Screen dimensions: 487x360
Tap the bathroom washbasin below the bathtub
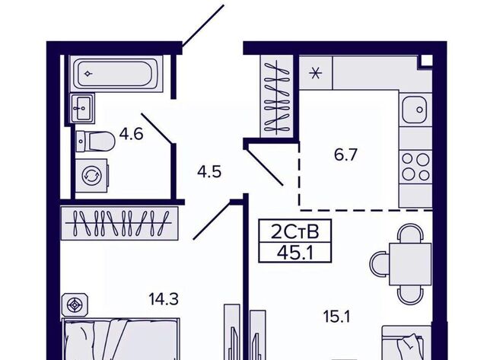[x=82, y=108]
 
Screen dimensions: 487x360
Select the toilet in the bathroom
[x=95, y=142]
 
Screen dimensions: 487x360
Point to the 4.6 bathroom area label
[x=132, y=134]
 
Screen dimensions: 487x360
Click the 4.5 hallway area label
[x=209, y=171]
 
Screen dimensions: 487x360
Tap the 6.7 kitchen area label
[x=345, y=155]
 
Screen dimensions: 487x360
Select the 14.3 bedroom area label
[x=164, y=300]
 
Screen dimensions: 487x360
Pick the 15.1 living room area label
[x=336, y=317]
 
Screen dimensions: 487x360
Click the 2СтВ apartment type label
[x=295, y=231]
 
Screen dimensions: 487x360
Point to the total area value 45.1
[x=295, y=253]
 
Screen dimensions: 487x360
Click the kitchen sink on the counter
[x=415, y=110]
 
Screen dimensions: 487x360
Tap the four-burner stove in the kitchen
[x=415, y=167]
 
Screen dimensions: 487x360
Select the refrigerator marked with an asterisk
[x=316, y=74]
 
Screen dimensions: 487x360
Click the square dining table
[x=410, y=264]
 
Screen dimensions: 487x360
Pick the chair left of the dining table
[x=379, y=264]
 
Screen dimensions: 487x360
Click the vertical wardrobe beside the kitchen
[x=277, y=96]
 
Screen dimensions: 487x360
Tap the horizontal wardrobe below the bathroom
[x=119, y=223]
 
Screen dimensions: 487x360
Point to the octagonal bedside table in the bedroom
[x=75, y=305]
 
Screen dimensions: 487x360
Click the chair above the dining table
[x=411, y=234]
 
